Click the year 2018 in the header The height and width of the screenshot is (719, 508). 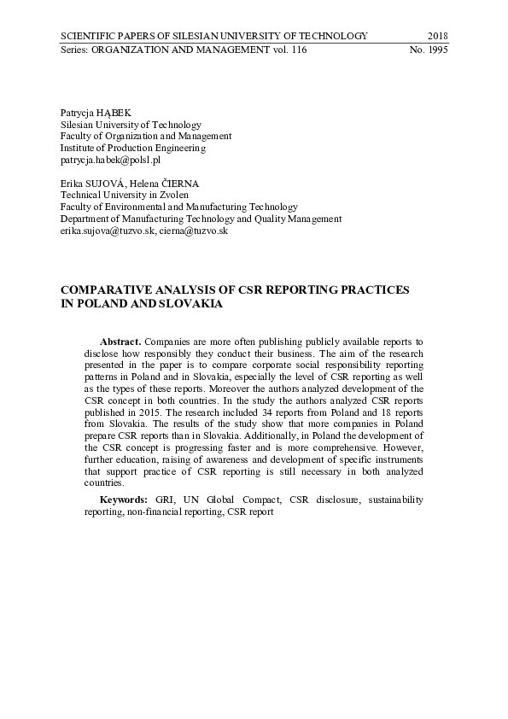pos(437,36)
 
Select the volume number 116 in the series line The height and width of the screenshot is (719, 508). pos(298,50)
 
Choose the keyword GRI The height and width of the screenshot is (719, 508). pos(164,499)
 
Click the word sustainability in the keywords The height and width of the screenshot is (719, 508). pos(392,499)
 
